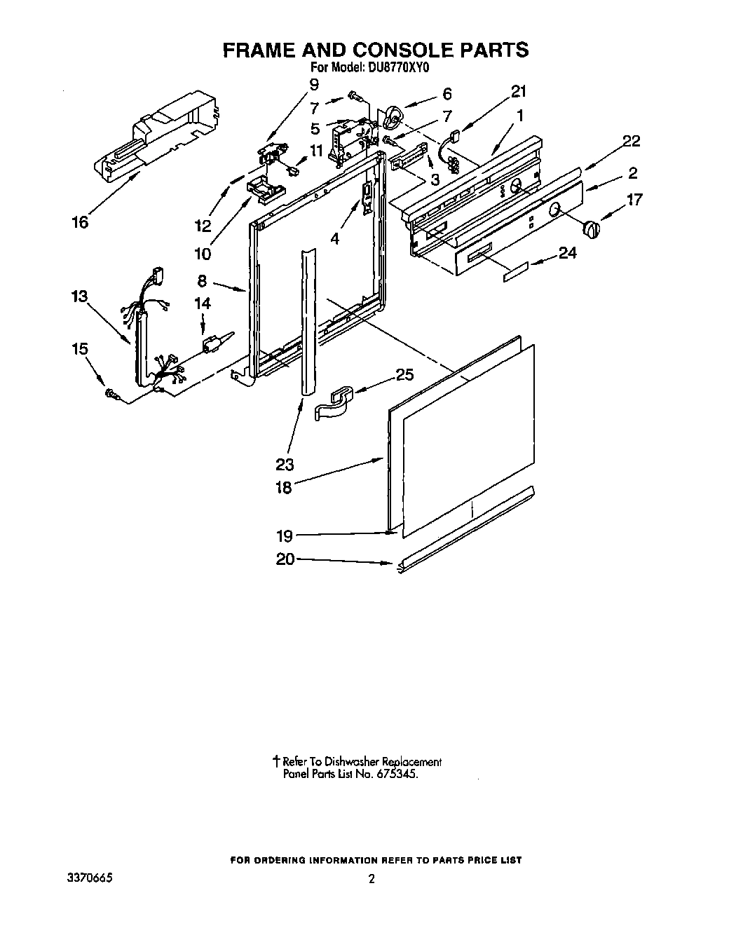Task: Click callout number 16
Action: (x=81, y=222)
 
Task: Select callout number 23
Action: (x=285, y=464)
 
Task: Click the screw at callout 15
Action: (x=112, y=397)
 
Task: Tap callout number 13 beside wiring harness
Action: (x=79, y=296)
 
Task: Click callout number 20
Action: (x=286, y=559)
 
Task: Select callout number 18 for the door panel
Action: (x=284, y=488)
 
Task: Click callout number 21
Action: (x=519, y=91)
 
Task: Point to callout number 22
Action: (x=631, y=141)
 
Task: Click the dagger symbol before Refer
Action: (x=277, y=761)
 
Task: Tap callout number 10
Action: (x=203, y=253)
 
